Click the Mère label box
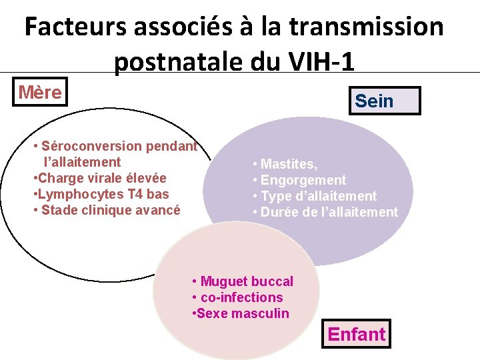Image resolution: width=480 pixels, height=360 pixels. click(39, 92)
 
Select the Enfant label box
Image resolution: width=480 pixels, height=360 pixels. click(356, 333)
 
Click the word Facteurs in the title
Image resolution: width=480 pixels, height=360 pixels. click(75, 27)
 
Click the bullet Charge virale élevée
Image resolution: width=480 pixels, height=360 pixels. click(101, 178)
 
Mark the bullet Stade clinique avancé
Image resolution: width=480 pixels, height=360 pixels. click(110, 210)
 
